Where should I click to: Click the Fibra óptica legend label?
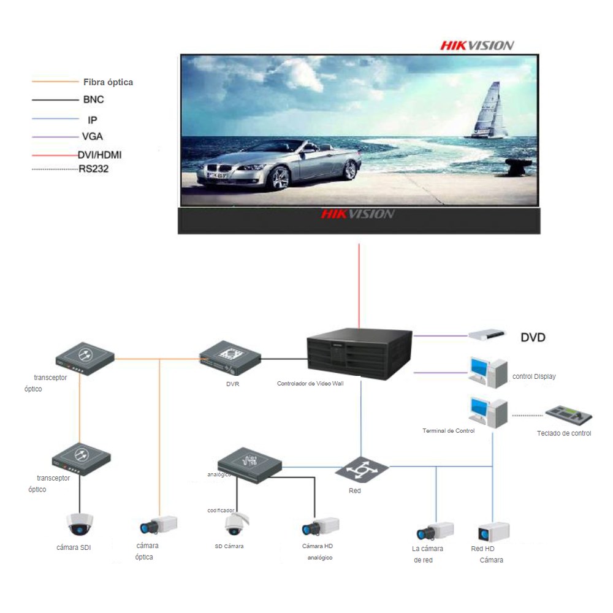point(108,82)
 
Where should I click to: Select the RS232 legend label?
point(93,169)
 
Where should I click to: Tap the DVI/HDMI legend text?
point(100,155)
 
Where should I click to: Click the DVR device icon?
point(230,358)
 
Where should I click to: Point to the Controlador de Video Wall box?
point(360,354)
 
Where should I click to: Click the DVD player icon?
point(487,335)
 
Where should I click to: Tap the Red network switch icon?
point(362,469)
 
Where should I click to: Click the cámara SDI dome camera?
point(80,524)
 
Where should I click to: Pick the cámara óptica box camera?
point(159,525)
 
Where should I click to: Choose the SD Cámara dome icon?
point(237,524)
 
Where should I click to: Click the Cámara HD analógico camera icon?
point(321,527)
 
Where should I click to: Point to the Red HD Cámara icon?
point(493,532)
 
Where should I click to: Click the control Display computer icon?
point(489,372)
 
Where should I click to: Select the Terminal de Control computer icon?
point(489,412)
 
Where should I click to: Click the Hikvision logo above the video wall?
point(478,46)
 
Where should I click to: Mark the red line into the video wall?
point(359,286)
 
